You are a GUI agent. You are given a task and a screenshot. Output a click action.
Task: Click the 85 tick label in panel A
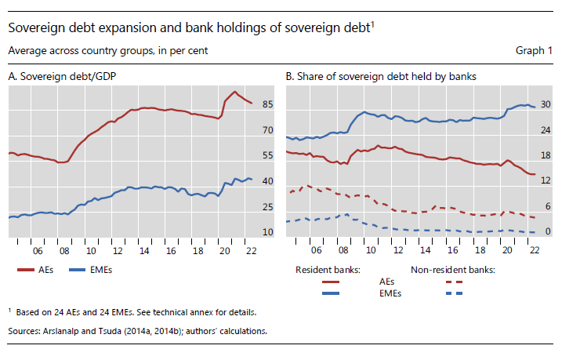pos(268,104)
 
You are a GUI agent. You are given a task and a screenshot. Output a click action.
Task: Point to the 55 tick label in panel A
pos(268,156)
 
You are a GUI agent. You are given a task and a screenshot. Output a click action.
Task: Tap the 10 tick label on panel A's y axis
pos(268,232)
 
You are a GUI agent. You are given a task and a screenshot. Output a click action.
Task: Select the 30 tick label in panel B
pos(547,104)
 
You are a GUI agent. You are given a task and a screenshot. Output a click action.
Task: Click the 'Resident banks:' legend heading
pos(327,270)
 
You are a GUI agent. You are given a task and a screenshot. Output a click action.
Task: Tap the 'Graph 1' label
pos(534,51)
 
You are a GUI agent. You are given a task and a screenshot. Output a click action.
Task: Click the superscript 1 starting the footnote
pos(10,311)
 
